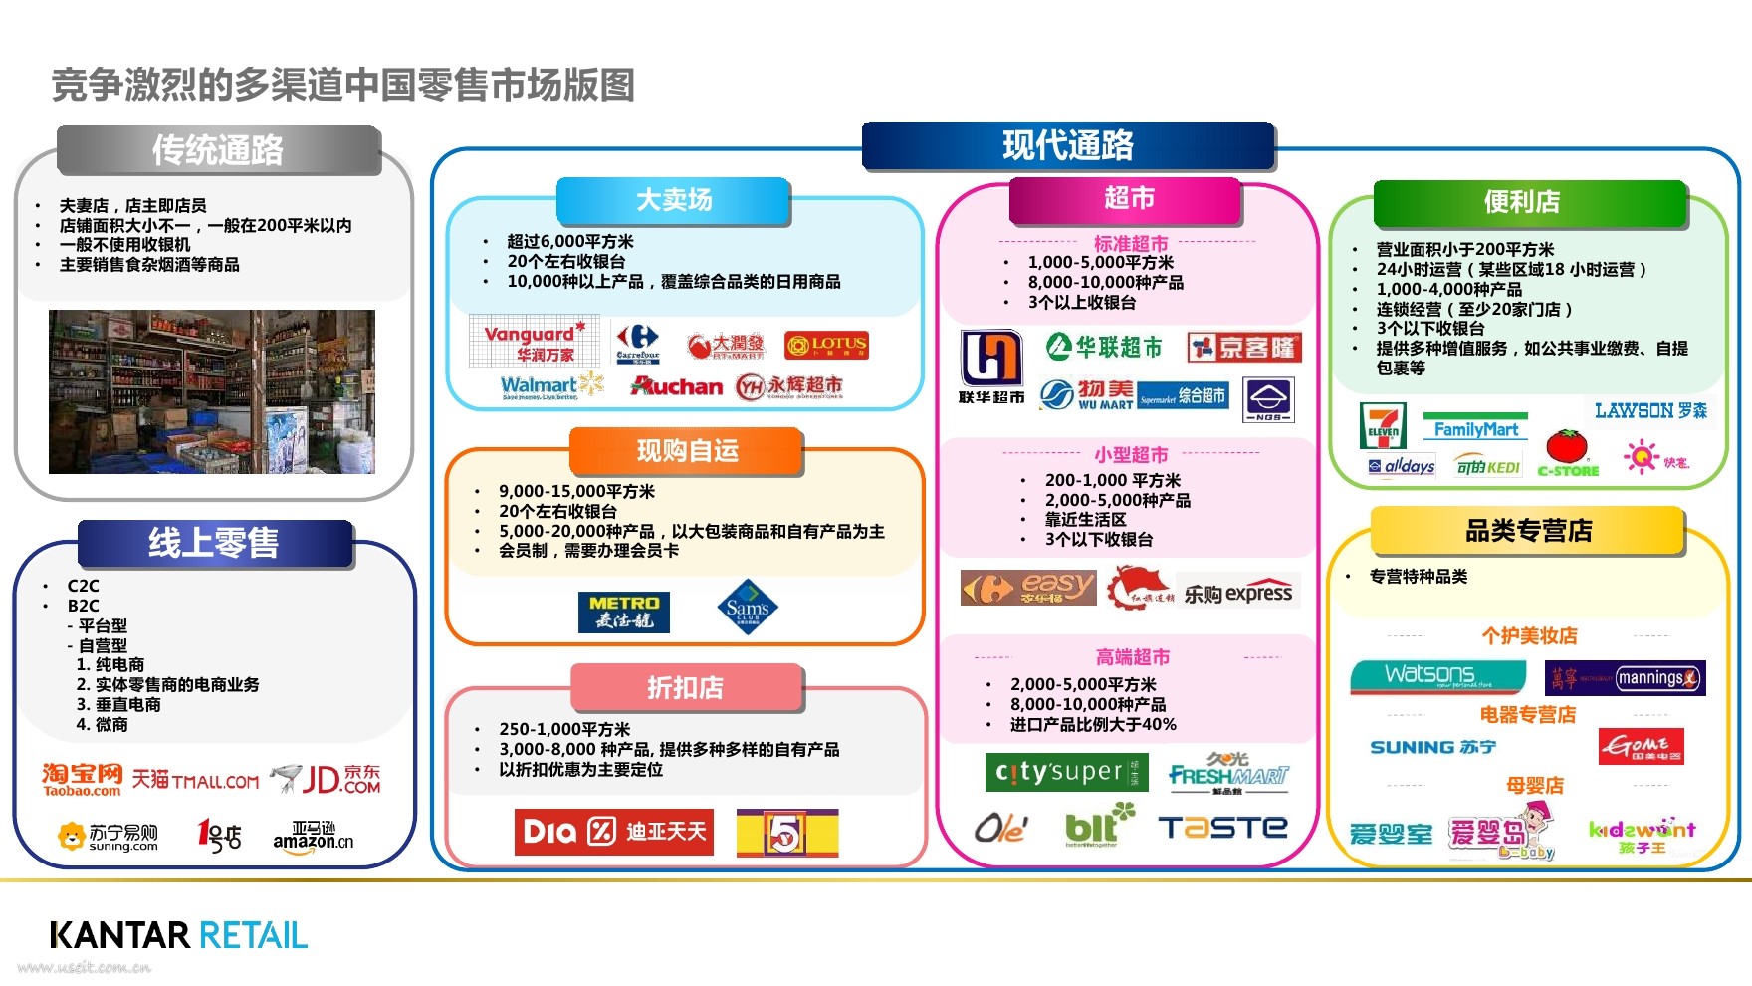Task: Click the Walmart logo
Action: tap(551, 386)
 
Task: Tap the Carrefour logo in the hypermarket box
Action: tap(637, 344)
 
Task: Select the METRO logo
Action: tap(624, 612)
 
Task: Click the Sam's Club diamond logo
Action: tap(748, 607)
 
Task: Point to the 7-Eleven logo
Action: tap(1383, 426)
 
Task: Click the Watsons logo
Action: tap(1436, 677)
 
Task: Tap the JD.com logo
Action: tap(328, 779)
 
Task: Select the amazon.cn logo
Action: tap(314, 837)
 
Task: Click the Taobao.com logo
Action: tap(82, 779)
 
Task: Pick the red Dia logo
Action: tap(613, 832)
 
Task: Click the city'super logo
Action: tap(1066, 772)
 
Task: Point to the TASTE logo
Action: tap(1222, 828)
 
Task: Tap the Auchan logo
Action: tap(677, 386)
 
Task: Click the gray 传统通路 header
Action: tap(219, 150)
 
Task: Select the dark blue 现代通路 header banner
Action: tap(1068, 145)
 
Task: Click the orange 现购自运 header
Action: tap(686, 451)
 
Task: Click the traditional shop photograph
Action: tap(212, 391)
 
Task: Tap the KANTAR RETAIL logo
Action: tap(179, 935)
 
